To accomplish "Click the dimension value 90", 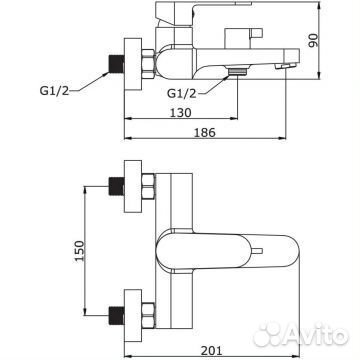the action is click(x=313, y=40).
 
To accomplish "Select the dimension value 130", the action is click(x=181, y=113).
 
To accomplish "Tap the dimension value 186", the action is click(x=205, y=132).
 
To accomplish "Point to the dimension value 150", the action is click(x=79, y=251).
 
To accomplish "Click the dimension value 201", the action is click(x=211, y=350).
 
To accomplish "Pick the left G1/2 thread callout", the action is click(x=54, y=91).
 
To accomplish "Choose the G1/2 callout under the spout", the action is click(x=182, y=93).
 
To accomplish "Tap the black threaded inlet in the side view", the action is click(x=117, y=63).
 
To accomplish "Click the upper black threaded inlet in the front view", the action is click(x=117, y=186).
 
